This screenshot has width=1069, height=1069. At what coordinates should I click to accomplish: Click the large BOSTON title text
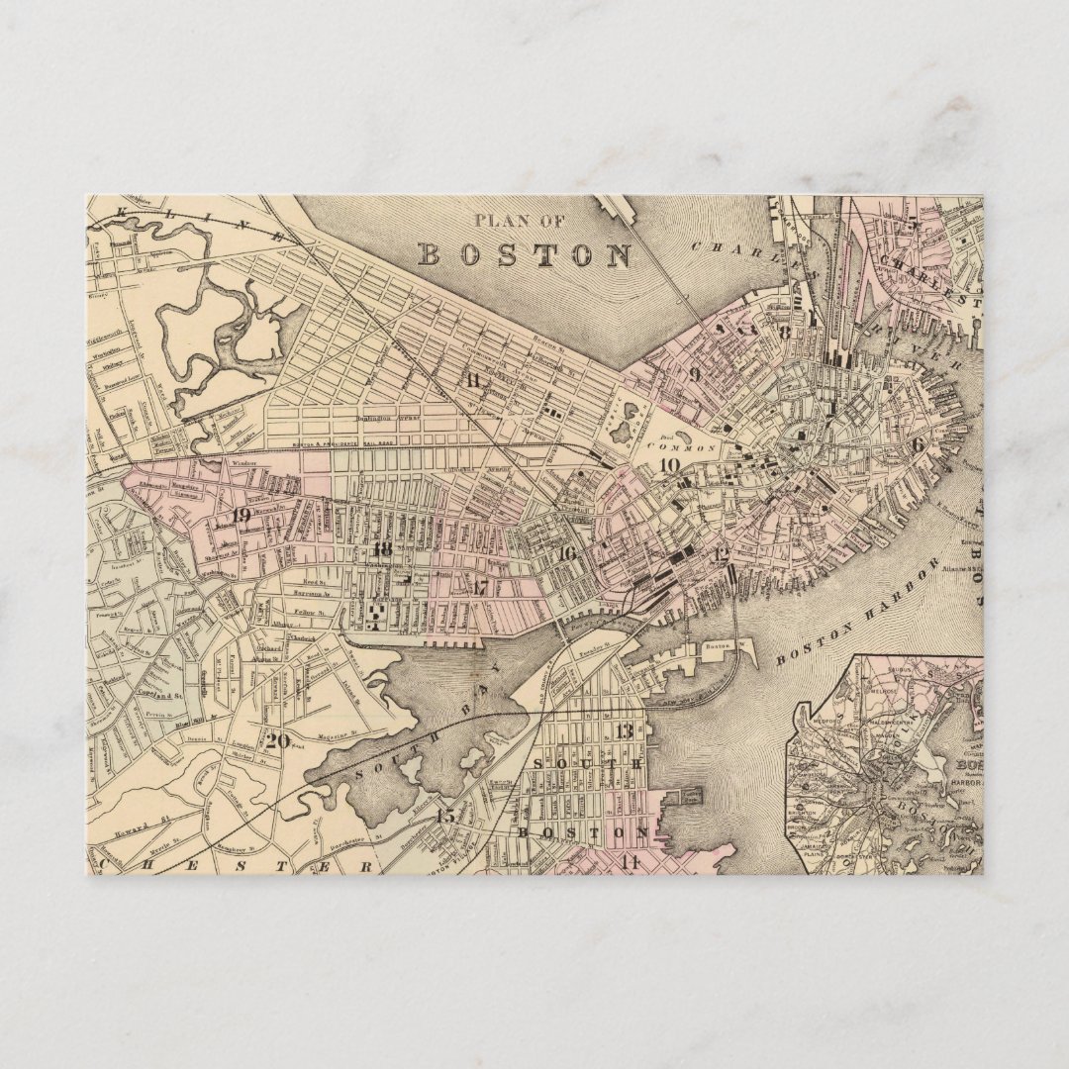525,254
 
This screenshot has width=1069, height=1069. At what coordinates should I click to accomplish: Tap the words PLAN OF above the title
524,221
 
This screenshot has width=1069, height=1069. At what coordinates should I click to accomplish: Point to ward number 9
695,374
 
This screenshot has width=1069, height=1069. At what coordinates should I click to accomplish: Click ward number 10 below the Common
670,464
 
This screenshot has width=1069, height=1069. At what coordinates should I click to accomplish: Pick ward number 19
242,515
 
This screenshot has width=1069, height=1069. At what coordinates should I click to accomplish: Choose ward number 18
382,549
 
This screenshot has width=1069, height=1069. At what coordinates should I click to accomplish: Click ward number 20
277,738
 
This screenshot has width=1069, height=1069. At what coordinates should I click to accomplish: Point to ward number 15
445,816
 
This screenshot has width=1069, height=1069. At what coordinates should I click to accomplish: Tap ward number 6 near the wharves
917,444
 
